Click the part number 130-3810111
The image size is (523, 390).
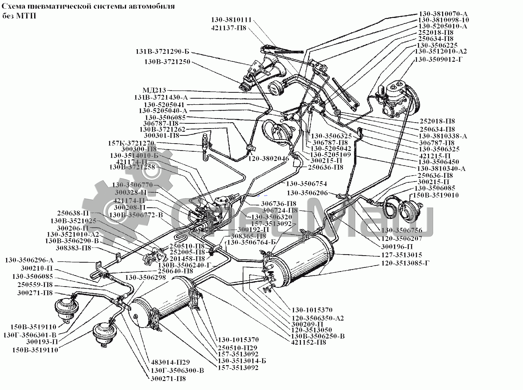[231, 20]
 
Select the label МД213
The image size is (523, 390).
[154, 90]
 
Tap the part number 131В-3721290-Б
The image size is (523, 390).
[162, 52]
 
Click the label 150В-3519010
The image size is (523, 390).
[436, 195]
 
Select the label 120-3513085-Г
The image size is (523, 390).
[405, 263]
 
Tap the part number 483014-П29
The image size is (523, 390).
[170, 362]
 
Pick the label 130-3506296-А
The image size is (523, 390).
[29, 260]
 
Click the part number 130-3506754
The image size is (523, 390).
[306, 184]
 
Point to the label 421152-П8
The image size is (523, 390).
[308, 342]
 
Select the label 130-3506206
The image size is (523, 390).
[307, 193]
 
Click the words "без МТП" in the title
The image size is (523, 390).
[19, 16]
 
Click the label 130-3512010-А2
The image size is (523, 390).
[441, 51]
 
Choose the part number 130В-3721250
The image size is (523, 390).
[167, 62]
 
